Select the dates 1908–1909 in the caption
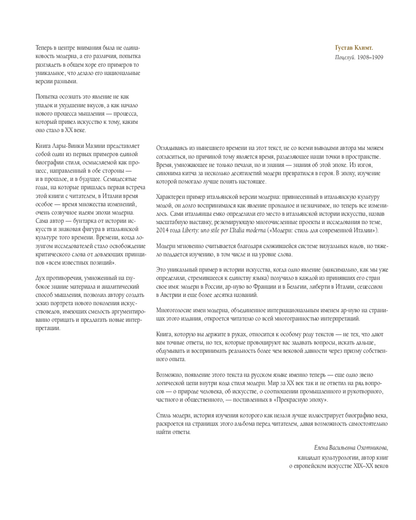click(373, 57)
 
